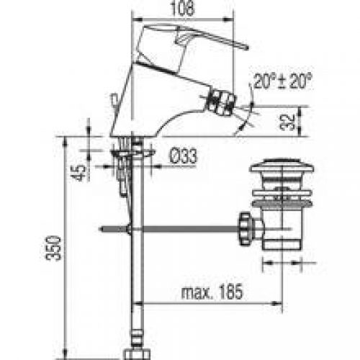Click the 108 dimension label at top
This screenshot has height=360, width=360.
pyautogui.click(x=182, y=9)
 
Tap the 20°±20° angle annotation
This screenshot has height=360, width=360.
pyautogui.click(x=282, y=81)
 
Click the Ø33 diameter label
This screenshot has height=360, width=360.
pyautogui.click(x=184, y=156)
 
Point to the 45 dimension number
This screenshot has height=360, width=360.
pyautogui.click(x=78, y=172)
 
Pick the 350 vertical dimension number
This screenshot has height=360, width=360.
pyautogui.click(x=53, y=248)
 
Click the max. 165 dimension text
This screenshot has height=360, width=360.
pyautogui.click(x=212, y=292)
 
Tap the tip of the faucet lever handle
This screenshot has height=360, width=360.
pyautogui.click(x=246, y=48)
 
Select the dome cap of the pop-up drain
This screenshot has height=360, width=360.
pyautogui.click(x=282, y=166)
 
